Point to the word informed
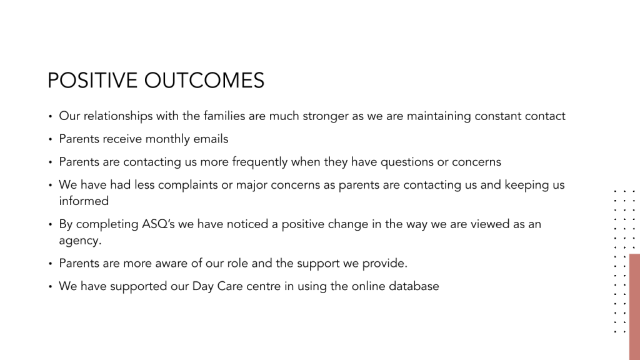tap(84, 201)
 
